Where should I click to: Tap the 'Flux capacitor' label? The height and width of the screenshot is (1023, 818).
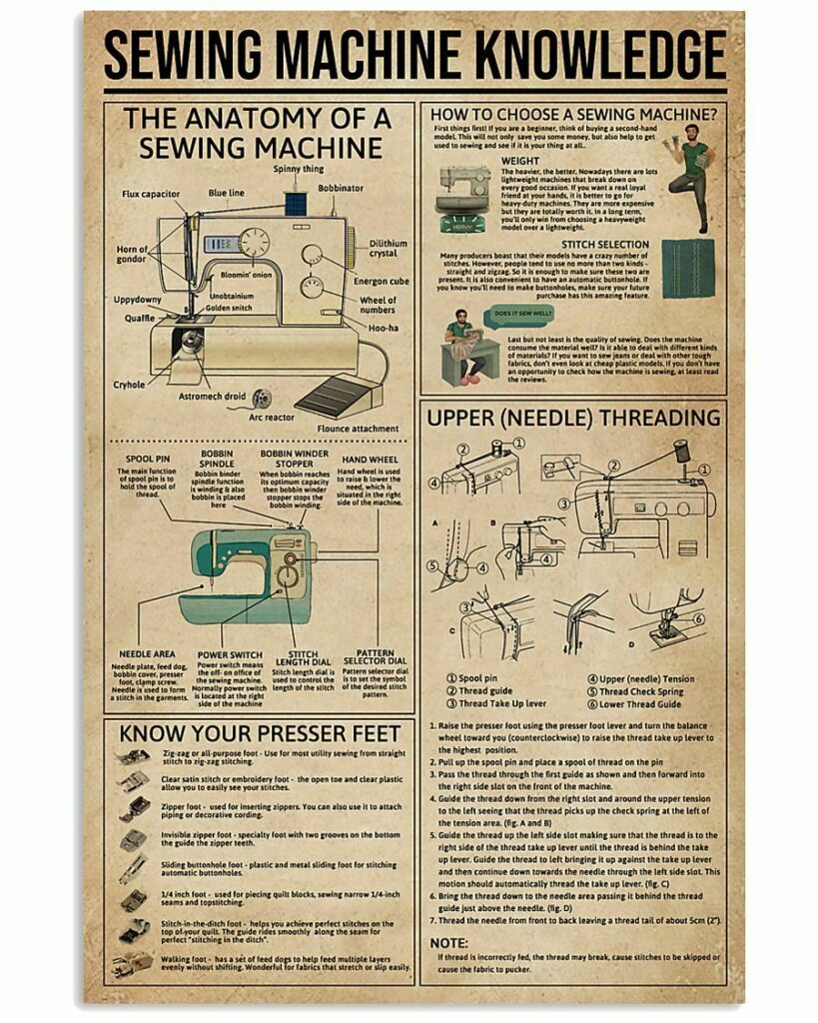click(151, 194)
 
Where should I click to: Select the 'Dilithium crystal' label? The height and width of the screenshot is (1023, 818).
click(389, 249)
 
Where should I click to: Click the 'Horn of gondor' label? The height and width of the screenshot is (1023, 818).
click(131, 255)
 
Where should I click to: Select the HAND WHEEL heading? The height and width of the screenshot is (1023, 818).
click(371, 459)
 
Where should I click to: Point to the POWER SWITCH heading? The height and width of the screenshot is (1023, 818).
click(230, 655)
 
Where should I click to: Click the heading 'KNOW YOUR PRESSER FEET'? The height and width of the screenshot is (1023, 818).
click(260, 734)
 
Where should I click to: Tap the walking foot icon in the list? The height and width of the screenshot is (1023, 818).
click(133, 963)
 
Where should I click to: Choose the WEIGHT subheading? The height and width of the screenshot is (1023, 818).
click(519, 161)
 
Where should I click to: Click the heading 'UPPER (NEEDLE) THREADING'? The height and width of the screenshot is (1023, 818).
click(573, 417)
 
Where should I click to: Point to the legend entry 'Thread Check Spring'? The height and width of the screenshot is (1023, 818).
click(640, 691)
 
